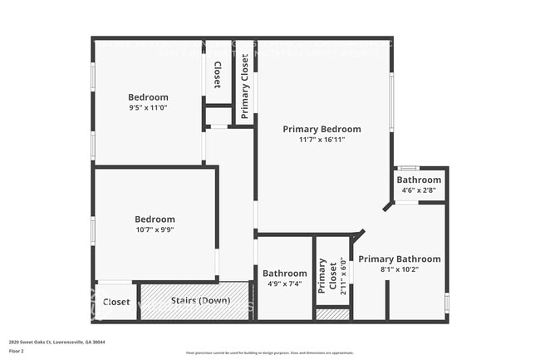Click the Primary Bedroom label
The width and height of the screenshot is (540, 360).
point(322,129)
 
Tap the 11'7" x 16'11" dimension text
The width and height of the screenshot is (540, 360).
point(322,140)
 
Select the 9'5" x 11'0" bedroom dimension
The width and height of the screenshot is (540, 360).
point(148,107)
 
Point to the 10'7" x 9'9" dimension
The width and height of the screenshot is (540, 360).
point(155,229)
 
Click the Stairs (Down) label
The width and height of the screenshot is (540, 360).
point(194,300)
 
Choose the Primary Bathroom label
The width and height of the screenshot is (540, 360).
point(399,259)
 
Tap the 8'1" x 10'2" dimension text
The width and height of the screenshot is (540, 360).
point(399,269)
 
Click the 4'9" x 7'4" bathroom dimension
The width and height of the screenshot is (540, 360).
point(285,284)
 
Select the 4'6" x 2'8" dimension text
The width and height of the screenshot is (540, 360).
point(419,190)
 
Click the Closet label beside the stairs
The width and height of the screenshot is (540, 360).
point(116,302)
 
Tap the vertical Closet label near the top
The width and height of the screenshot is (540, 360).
point(218,76)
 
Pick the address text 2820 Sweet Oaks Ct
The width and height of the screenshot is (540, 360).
point(56,342)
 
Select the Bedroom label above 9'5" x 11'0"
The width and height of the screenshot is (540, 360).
point(148,97)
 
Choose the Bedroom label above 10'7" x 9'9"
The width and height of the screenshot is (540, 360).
point(155,219)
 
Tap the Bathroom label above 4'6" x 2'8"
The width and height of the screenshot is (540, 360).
point(419,180)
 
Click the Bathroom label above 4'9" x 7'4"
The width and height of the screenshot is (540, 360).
point(285,273)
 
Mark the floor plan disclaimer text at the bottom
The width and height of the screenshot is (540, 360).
point(269,353)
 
